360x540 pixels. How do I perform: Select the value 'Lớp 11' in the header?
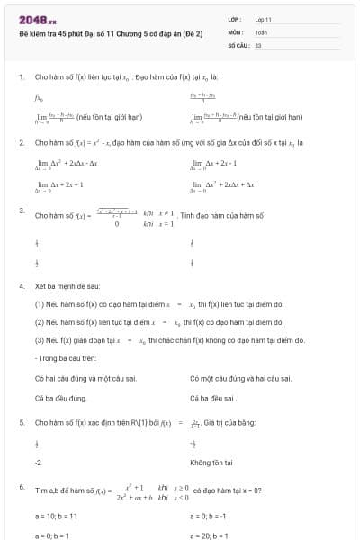[x=264, y=19]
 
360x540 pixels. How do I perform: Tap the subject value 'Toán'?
[x=261, y=31]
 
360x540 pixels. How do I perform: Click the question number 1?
[x=21, y=77]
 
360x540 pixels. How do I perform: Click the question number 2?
[x=21, y=143]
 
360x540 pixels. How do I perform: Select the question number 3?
[x=21, y=210]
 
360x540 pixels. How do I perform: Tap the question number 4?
[x=21, y=285]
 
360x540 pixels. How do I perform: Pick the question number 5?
[x=21, y=422]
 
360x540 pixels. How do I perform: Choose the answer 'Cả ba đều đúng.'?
[x=60, y=397]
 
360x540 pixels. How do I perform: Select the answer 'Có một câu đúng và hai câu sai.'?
[x=240, y=378]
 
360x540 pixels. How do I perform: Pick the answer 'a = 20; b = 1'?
[x=210, y=535]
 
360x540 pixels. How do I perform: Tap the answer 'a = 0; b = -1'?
[x=210, y=517]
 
